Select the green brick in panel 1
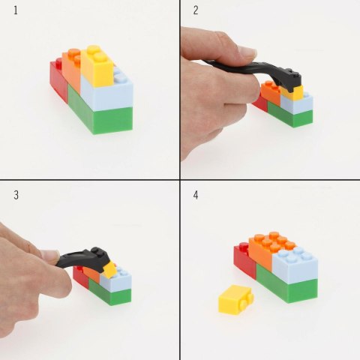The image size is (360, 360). tap(101, 114)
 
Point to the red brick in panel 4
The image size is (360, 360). tap(243, 259)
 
